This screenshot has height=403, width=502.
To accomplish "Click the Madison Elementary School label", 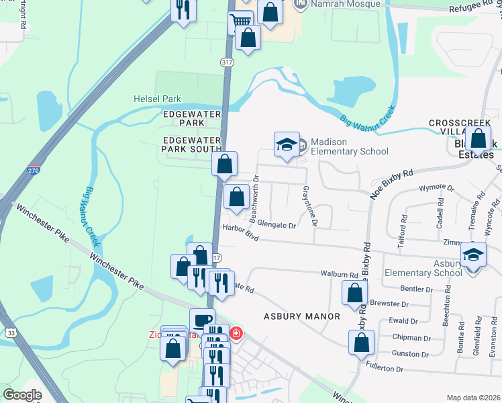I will pyautogui.click(x=349, y=146).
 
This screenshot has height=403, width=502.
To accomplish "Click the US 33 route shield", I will pyautogui.click(x=11, y=332).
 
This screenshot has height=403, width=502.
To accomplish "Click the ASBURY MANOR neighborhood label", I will pyautogui.click(x=301, y=316).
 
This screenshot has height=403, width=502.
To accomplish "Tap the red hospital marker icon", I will pyautogui.click(x=236, y=333).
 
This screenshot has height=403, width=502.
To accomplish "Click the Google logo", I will pyautogui.click(x=22, y=395).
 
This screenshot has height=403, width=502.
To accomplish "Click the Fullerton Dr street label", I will pyautogui.click(x=385, y=369).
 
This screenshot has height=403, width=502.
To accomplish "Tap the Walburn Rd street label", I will pyautogui.click(x=339, y=275).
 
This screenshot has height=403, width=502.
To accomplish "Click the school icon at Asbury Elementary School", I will pyautogui.click(x=473, y=255).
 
